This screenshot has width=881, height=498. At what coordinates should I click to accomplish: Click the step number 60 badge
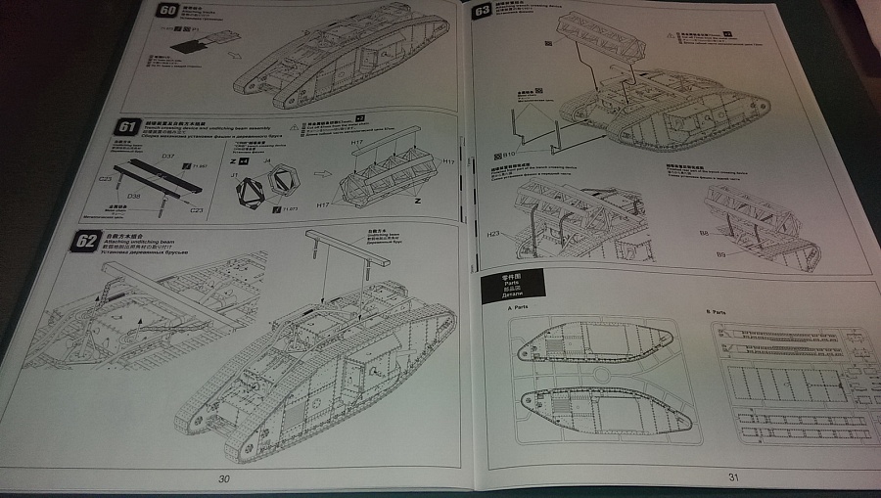coord(166,13)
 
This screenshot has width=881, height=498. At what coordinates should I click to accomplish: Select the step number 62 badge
coord(86,239)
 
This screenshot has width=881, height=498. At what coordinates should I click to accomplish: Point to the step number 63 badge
coord(482,11)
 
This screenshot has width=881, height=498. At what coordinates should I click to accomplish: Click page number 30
coord(224,478)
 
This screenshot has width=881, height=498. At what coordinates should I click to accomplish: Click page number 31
coord(731,476)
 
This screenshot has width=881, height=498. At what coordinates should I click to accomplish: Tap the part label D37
coord(168,157)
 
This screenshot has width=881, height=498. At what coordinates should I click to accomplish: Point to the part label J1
coord(235,174)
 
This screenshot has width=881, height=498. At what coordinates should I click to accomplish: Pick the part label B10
coord(508,153)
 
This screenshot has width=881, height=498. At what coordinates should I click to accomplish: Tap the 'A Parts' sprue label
coord(519,309)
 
